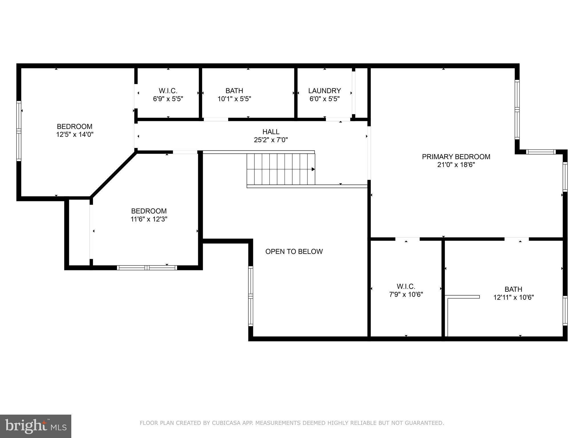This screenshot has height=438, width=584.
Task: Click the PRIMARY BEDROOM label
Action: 456,157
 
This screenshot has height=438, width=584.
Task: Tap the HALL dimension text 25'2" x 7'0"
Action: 271,140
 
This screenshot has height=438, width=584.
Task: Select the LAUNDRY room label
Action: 325,91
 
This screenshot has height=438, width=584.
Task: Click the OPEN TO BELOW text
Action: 294,252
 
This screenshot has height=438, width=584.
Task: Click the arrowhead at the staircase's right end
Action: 313,169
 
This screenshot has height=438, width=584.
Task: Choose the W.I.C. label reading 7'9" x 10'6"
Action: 406,290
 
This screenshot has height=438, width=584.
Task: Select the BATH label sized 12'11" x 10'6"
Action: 513,293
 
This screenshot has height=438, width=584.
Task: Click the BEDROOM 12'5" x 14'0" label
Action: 75,130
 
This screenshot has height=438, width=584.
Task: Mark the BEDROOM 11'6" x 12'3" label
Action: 149,215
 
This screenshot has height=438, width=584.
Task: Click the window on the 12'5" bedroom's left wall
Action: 19,131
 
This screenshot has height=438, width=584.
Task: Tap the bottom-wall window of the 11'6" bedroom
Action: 147,267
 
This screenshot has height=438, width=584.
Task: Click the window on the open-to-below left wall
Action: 251,296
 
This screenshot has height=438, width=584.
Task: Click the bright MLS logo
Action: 36,426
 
